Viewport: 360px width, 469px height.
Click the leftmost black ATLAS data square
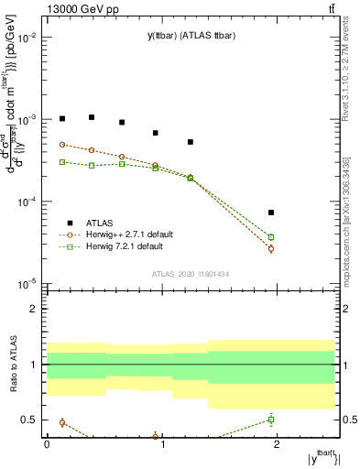[62, 118]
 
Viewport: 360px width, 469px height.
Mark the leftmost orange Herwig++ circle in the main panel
[62, 145]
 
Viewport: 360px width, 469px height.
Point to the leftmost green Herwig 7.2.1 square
[62, 162]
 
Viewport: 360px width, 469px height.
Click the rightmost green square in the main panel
[271, 237]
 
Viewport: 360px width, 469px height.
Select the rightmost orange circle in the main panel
[271, 248]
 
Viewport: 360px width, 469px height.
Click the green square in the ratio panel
[271, 420]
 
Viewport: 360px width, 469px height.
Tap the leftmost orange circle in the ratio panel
[62, 422]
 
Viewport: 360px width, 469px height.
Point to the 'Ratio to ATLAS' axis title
[12, 364]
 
